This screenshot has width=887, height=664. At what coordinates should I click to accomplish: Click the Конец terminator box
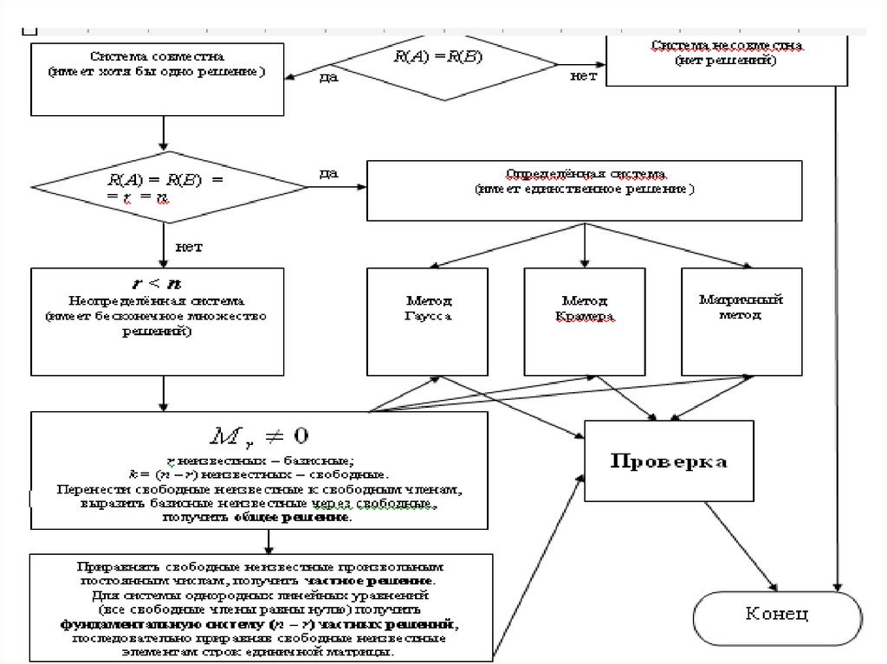(x=777, y=616)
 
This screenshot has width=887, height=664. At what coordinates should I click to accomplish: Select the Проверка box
(x=670, y=460)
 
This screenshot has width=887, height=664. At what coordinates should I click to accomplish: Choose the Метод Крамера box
(x=585, y=321)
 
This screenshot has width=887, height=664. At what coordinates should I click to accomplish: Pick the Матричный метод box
(x=741, y=321)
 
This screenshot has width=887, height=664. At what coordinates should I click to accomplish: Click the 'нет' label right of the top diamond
(x=583, y=76)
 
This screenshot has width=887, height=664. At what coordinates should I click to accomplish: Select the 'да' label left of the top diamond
(x=328, y=78)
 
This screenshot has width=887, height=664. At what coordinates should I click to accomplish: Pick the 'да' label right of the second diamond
(x=328, y=173)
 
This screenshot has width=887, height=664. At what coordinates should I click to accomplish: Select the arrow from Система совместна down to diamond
(x=163, y=133)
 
